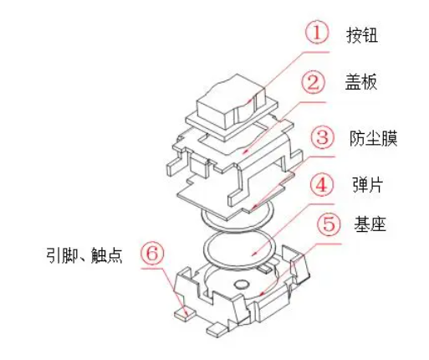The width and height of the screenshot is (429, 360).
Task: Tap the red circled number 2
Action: click(314, 84)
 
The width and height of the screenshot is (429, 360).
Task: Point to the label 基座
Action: click(370, 226)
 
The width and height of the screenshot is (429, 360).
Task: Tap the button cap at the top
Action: click(222, 105)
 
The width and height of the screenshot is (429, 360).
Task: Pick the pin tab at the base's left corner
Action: click(184, 312)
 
